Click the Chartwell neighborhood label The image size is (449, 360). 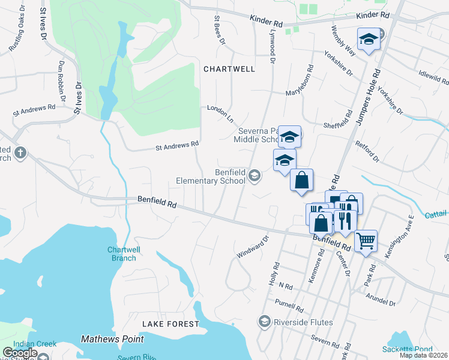[229, 69]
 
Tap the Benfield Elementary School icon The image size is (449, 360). [254, 176]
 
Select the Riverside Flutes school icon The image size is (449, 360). [264, 322]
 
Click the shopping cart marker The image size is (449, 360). [366, 241]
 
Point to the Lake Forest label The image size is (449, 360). [170, 324]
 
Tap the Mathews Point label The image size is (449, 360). [112, 339]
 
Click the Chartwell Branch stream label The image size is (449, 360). [122, 254]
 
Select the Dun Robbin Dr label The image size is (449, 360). [61, 80]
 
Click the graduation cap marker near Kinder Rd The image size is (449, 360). [368, 40]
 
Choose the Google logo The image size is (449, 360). [20, 353]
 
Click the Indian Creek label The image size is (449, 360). [35, 344]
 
